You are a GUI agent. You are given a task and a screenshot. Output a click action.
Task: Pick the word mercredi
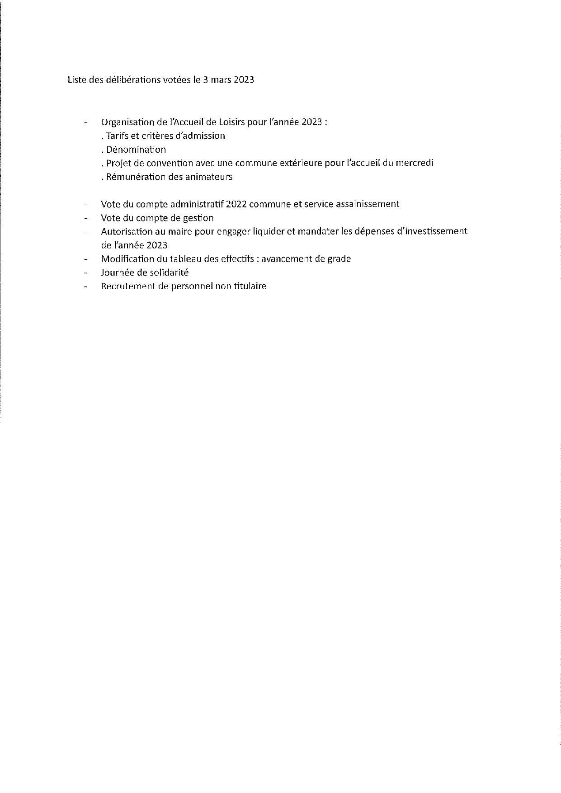click(x=414, y=163)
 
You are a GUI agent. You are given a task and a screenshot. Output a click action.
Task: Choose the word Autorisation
click(x=129, y=231)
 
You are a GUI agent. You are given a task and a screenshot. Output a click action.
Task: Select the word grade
click(x=339, y=259)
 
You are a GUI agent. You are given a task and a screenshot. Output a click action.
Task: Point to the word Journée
click(x=117, y=272)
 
